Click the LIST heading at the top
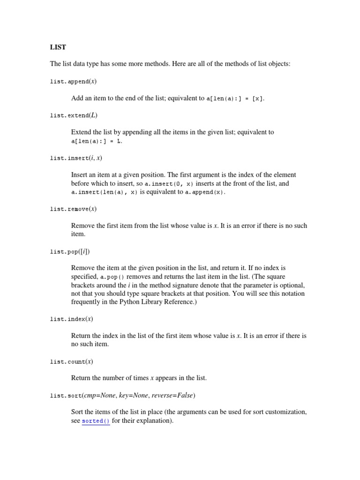[58, 47]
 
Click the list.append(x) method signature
[73, 82]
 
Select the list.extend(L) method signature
[74, 115]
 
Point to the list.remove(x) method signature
[73, 209]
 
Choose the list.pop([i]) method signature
[69, 252]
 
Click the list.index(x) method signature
[72, 319]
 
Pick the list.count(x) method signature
[72, 362]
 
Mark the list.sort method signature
[122, 396]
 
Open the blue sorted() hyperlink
[96, 421]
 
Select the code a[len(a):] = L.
[97, 141]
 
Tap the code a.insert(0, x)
[169, 184]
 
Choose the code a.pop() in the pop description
[112, 277]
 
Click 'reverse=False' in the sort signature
[175, 396]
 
